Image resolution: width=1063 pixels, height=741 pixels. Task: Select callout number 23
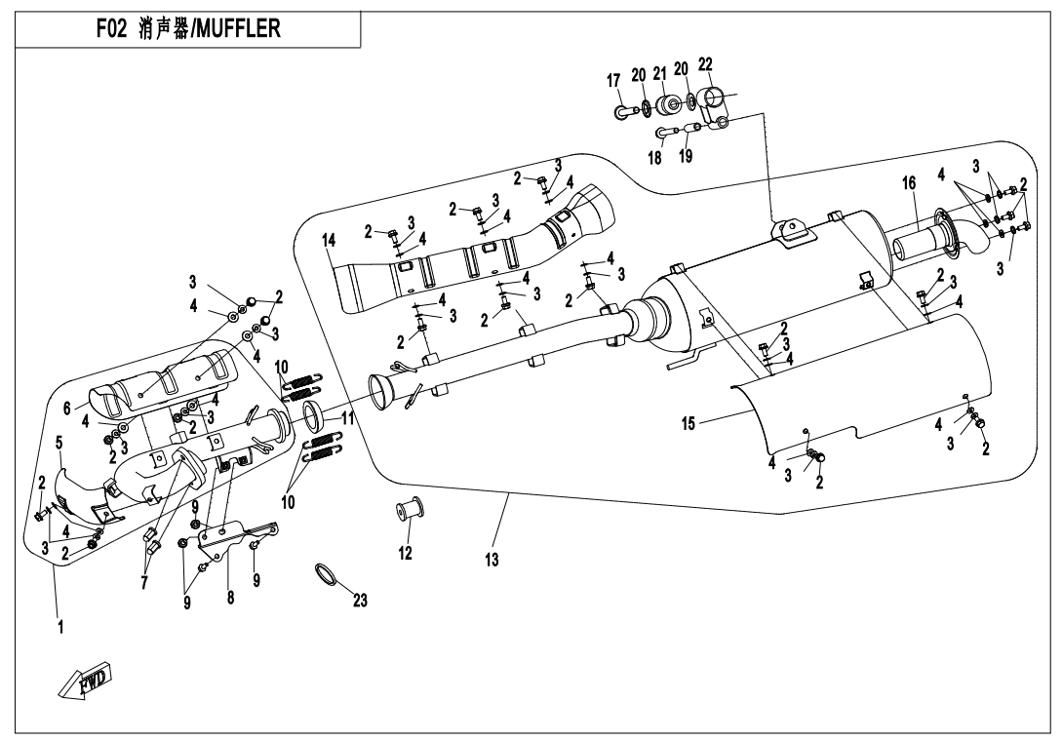coord(360,601)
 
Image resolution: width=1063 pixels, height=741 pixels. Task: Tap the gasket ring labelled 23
coord(328,576)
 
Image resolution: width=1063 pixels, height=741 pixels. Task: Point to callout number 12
coord(405,554)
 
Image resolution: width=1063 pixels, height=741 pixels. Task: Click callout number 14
coord(329,240)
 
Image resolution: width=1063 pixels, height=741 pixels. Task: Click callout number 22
coord(705,64)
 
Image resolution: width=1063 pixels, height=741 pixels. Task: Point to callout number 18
coord(655,157)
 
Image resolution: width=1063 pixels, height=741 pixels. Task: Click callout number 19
coord(686,157)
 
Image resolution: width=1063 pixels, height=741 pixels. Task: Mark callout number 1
coord(60,628)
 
